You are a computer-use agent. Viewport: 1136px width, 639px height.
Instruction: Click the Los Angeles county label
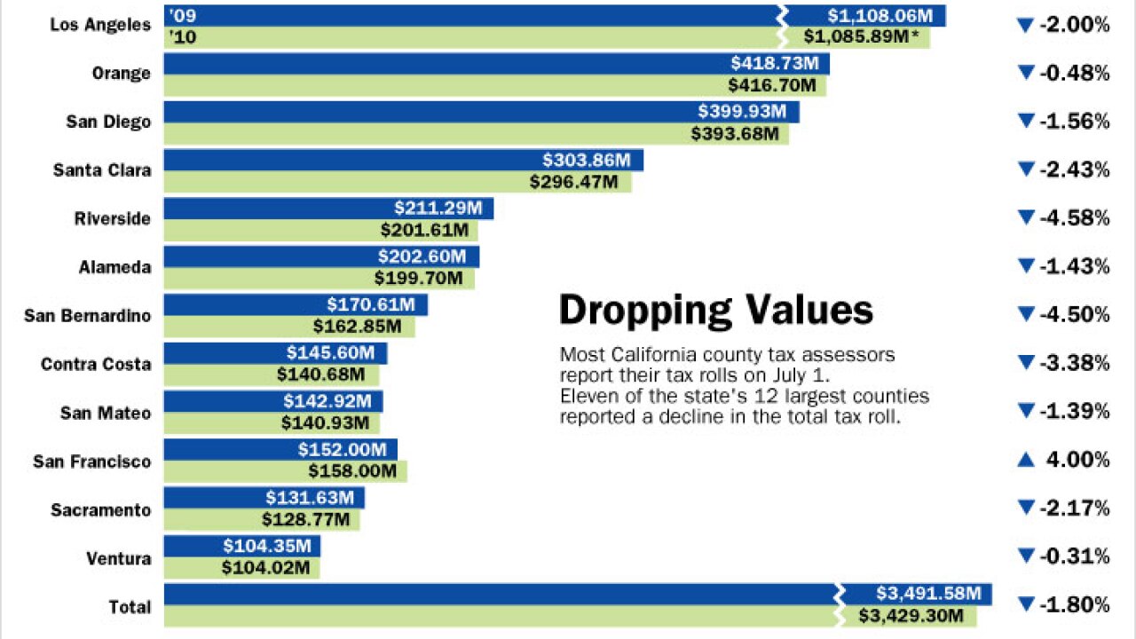[100, 25]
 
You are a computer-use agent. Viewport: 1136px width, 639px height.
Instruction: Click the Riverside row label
[113, 218]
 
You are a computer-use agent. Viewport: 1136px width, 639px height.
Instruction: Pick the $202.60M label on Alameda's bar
[422, 256]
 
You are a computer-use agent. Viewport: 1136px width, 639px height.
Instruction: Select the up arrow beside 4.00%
[1026, 460]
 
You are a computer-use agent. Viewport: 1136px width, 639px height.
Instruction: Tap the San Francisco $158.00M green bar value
[352, 471]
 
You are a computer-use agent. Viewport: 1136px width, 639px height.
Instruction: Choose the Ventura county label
[119, 559]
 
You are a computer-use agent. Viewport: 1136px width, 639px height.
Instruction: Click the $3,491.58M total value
[928, 594]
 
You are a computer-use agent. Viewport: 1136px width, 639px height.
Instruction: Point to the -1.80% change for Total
[1075, 605]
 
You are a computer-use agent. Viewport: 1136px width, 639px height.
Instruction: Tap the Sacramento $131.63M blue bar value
[310, 498]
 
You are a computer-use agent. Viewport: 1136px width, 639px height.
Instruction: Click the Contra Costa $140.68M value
[320, 375]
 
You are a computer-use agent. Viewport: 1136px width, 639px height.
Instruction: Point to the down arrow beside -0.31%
[1026, 556]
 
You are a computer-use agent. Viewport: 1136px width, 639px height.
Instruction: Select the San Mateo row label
[106, 413]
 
